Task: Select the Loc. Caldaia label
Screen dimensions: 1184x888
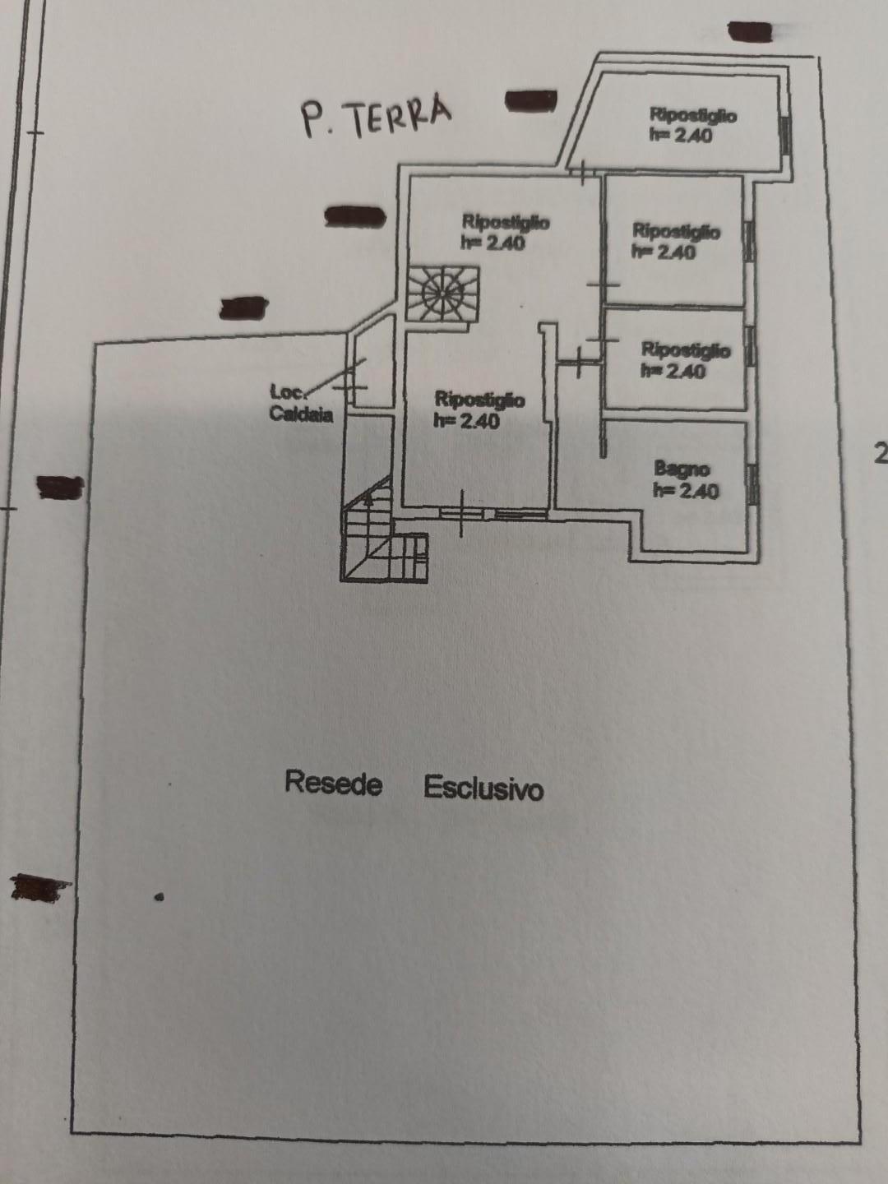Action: coord(302,404)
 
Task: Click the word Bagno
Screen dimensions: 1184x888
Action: coord(682,469)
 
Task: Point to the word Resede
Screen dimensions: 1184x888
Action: coord(333,782)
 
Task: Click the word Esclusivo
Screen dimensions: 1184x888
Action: coord(483,788)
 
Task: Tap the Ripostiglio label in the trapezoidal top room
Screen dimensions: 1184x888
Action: coord(692,114)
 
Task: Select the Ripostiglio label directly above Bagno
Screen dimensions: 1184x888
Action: coord(685,350)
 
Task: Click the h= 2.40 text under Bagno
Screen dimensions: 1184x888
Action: coord(685,491)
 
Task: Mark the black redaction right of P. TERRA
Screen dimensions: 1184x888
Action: coord(530,101)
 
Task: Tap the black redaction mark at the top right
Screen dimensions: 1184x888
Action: coord(750,31)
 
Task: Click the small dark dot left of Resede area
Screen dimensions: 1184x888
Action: coord(160,897)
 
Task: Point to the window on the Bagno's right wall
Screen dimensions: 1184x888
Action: coord(753,483)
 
